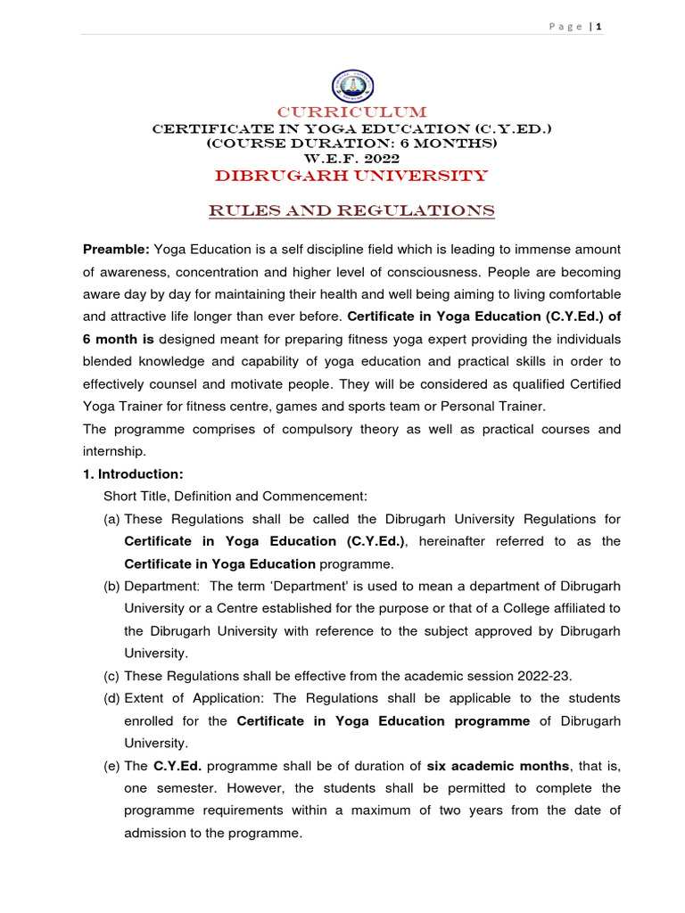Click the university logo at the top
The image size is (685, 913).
(353, 86)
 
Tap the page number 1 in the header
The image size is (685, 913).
(598, 27)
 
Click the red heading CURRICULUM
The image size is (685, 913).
(352, 112)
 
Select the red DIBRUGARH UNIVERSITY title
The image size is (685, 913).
(351, 176)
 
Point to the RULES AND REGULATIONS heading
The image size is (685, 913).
(351, 211)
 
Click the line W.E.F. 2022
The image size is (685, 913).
(351, 157)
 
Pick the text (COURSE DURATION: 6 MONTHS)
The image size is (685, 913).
(351, 143)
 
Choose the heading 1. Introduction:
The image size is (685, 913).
(133, 473)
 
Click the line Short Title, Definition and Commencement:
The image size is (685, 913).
(235, 496)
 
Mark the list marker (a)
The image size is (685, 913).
(112, 519)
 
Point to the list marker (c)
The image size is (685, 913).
(112, 675)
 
